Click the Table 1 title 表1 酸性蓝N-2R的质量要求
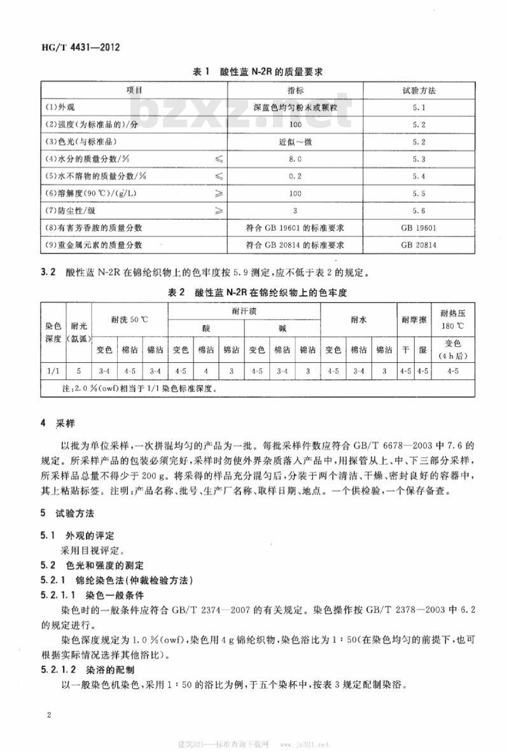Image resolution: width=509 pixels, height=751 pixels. pos(257,72)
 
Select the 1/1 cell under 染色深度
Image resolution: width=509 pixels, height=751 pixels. pos(53,369)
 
